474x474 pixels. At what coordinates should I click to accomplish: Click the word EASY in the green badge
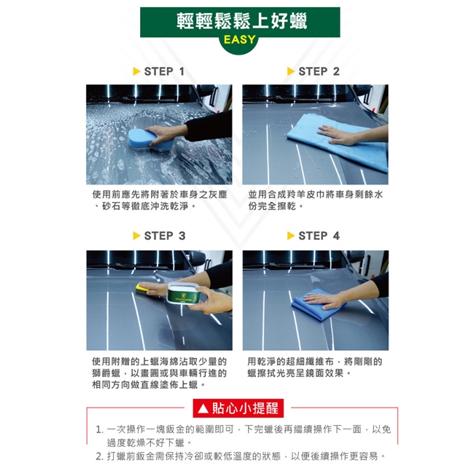[x=239, y=39]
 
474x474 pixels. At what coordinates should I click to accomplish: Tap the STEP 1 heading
[x=164, y=71]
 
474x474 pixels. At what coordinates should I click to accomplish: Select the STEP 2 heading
[x=319, y=71]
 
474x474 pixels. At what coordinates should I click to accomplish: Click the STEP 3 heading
[x=165, y=236]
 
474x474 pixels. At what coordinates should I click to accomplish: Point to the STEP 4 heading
[x=319, y=236]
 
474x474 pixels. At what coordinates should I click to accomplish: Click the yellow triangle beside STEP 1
[x=136, y=71]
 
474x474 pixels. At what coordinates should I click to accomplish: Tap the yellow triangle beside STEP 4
[x=291, y=236]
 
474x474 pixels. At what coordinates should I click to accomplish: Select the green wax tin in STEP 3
[x=184, y=294]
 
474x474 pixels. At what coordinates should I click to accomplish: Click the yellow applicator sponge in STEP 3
[x=142, y=289]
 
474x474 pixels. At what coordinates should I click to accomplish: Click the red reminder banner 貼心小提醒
[x=238, y=408]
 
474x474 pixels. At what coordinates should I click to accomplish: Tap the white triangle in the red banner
[x=203, y=408]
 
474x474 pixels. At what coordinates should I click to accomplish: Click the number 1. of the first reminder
[x=99, y=430]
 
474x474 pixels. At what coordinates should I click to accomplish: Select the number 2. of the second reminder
[x=99, y=456]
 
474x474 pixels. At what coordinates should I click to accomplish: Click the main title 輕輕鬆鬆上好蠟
[x=241, y=21]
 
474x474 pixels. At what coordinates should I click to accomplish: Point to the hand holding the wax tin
[x=211, y=300]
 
